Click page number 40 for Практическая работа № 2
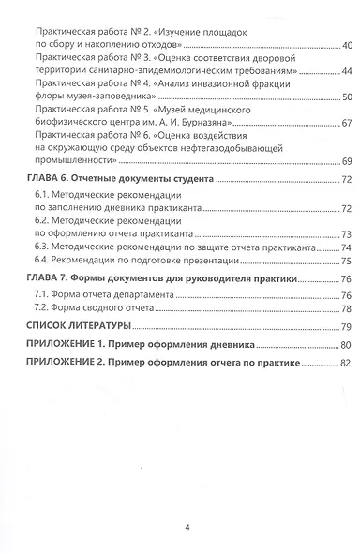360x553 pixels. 345,44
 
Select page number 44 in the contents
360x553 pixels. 345,71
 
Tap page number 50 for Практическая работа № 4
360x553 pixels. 345,97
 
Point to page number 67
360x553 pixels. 345,124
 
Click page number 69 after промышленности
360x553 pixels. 345,163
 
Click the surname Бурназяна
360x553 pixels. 184,124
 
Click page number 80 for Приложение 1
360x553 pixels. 345,345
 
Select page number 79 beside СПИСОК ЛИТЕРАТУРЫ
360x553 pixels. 345,326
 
